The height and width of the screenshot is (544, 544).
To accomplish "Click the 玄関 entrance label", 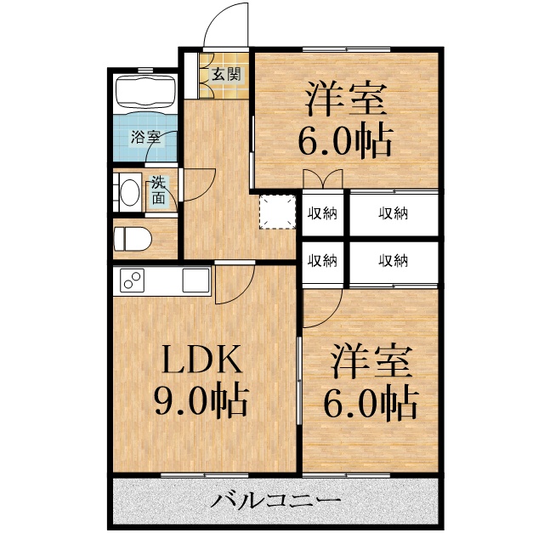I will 225,74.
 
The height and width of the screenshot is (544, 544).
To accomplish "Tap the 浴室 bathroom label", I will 144,136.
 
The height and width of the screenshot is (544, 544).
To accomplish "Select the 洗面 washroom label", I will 159,190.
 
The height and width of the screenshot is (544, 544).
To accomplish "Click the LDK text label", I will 203,361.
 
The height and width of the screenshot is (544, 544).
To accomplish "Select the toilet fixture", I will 132,238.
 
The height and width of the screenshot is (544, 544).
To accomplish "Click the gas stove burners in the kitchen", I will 132,279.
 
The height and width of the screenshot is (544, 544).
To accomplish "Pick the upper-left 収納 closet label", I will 322,212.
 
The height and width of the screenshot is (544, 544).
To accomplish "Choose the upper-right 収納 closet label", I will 394,212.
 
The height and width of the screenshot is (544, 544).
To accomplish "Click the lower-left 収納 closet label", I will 322,260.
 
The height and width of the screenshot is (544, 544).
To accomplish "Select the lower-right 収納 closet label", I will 394,260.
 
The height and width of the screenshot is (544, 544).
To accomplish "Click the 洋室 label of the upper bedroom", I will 347,100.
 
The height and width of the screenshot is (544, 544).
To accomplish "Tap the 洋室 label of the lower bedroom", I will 372,360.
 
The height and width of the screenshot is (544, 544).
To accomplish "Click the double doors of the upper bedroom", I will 322,179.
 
